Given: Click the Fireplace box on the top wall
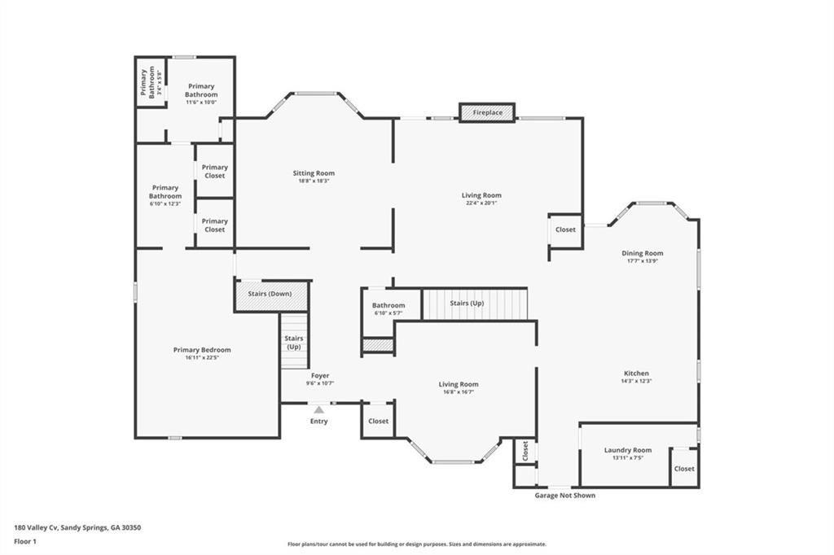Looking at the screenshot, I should click(487, 112).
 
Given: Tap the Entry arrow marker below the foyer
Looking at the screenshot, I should click(319, 410).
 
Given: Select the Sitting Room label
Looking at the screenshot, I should click(314, 173).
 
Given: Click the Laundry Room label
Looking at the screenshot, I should click(627, 450).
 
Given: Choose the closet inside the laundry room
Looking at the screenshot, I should click(684, 469).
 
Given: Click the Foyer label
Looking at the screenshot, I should click(320, 376).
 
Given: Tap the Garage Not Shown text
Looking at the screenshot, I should click(564, 496).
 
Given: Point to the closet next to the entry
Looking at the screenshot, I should click(378, 422).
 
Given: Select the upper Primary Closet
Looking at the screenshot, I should click(215, 171).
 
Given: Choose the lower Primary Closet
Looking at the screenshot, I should click(215, 225).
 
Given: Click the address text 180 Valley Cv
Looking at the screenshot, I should click(77, 527).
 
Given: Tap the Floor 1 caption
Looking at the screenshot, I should click(26, 540).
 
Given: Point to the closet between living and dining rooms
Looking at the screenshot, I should click(565, 229).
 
